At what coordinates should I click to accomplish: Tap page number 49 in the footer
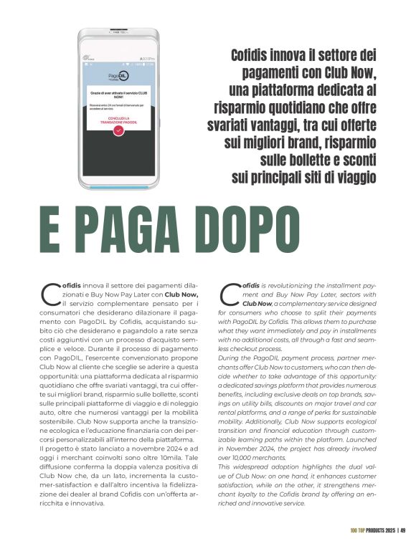click(x=404, y=530)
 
